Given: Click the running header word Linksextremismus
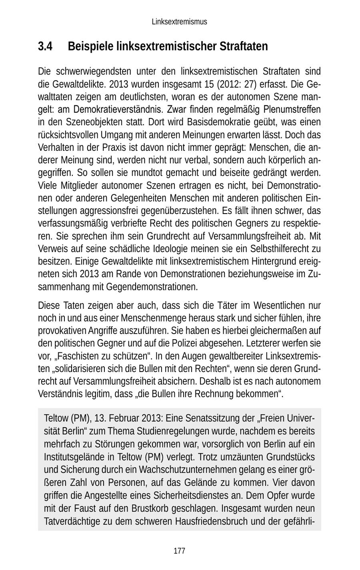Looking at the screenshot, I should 179,22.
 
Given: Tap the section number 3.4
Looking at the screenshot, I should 45,47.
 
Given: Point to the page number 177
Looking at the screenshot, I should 179,551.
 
